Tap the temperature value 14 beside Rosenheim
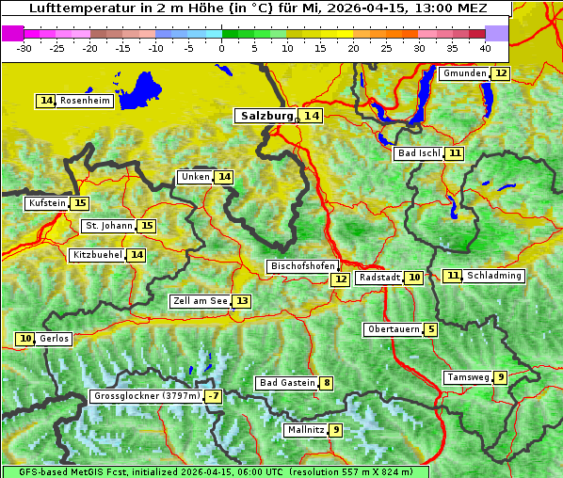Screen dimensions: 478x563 pyautogui.click(x=46, y=101)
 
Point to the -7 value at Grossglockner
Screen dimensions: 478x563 pyautogui.click(x=214, y=397)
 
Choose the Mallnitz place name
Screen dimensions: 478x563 pyautogui.click(x=305, y=430)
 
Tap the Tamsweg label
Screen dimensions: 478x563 pyautogui.click(x=468, y=377)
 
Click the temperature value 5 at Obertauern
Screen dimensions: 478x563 pyautogui.click(x=430, y=329)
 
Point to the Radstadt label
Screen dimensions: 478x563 pyautogui.click(x=380, y=278)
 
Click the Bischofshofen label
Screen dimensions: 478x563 pyautogui.click(x=302, y=267)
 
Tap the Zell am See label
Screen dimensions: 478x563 pyautogui.click(x=201, y=301)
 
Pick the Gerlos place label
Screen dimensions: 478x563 pyautogui.click(x=55, y=339)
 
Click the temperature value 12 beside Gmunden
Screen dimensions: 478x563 pyautogui.click(x=501, y=73)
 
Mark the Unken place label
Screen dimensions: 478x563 pyautogui.click(x=195, y=177)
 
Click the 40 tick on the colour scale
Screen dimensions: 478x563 pyautogui.click(x=485, y=47)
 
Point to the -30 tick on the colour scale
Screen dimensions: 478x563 pyautogui.click(x=24, y=47)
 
